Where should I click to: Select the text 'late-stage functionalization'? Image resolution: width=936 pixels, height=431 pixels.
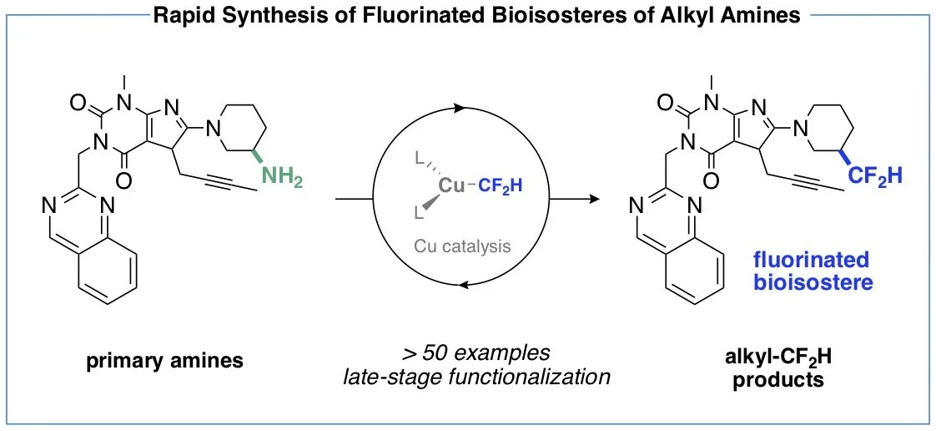(476, 377)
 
